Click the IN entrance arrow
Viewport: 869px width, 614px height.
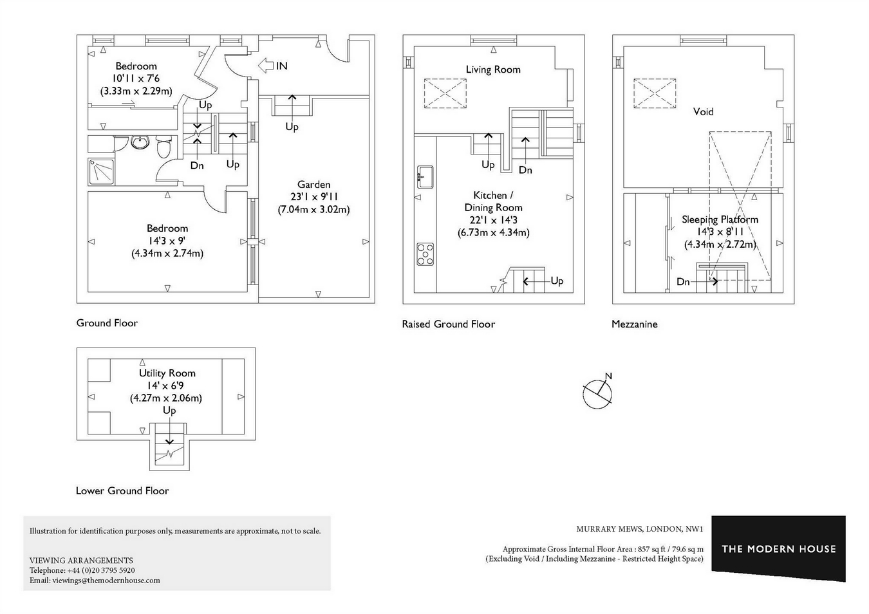tap(266, 65)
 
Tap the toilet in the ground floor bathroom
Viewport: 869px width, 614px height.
tap(164, 146)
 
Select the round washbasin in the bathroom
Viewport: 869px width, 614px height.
tap(140, 142)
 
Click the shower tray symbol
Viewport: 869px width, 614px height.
tap(101, 171)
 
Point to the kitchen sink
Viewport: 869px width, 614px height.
tap(425, 177)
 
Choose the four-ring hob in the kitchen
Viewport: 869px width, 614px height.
tap(425, 254)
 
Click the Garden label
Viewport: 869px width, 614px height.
tap(314, 184)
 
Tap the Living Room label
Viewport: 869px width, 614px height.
tap(493, 70)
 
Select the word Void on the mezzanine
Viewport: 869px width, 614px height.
tap(703, 112)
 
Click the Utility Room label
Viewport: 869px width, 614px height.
tap(167, 373)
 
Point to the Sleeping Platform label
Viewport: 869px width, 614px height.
tap(720, 219)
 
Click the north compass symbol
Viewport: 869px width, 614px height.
tap(598, 393)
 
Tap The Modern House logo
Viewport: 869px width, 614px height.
tap(779, 548)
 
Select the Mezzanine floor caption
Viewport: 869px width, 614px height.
tap(634, 324)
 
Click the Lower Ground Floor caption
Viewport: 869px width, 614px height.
tap(122, 490)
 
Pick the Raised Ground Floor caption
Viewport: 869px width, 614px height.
tap(449, 324)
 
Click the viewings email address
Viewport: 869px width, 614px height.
tap(106, 581)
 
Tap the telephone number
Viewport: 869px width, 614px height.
tap(101, 570)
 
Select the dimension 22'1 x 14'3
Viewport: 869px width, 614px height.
tap(494, 220)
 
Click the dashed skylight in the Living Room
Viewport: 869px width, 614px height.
tap(445, 93)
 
